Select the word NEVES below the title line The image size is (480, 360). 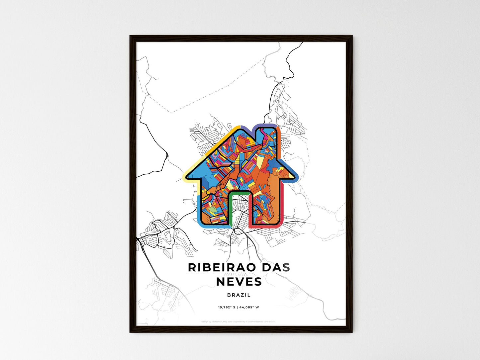tap(239, 282)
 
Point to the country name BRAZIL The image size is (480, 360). tap(239, 295)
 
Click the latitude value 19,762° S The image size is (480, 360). tap(227, 307)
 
